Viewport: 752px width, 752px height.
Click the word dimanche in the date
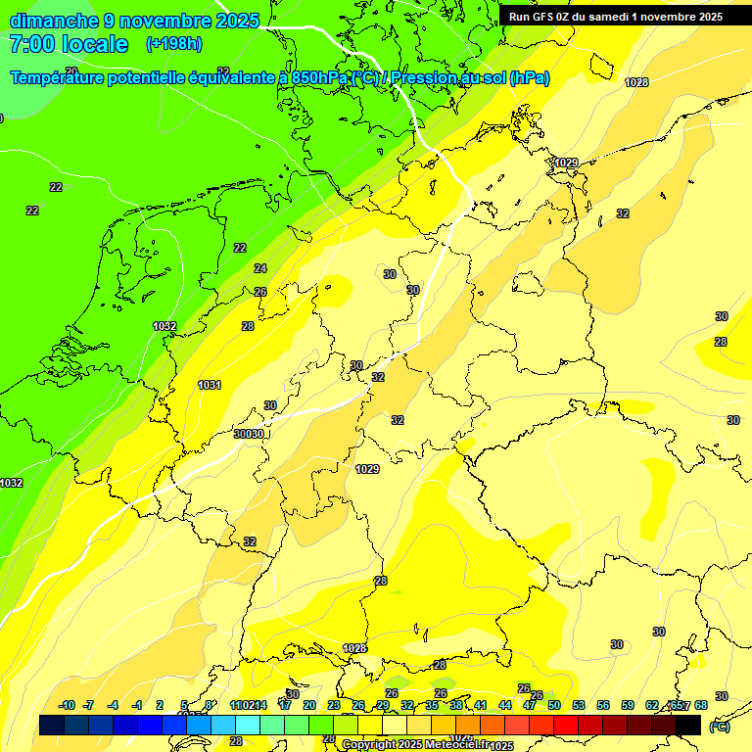[x=54, y=21]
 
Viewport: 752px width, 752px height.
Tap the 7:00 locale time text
[x=69, y=44]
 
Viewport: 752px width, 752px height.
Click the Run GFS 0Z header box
[x=617, y=17]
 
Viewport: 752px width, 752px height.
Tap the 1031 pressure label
[x=210, y=385]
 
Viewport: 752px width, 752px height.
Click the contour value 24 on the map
[x=259, y=268]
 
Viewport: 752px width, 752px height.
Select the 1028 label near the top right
[x=636, y=82]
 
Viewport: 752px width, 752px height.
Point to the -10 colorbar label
[x=67, y=705]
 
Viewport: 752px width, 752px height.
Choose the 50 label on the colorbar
[x=554, y=705]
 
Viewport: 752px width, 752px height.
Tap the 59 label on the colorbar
[x=628, y=705]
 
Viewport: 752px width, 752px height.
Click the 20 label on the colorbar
[x=309, y=705]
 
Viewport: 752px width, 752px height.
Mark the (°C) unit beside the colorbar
[x=720, y=727]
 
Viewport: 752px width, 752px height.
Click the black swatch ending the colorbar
[x=688, y=725]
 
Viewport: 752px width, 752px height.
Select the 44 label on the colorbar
[x=505, y=705]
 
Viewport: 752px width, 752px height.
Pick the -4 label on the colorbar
[x=113, y=705]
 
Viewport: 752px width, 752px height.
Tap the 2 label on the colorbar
[x=160, y=705]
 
